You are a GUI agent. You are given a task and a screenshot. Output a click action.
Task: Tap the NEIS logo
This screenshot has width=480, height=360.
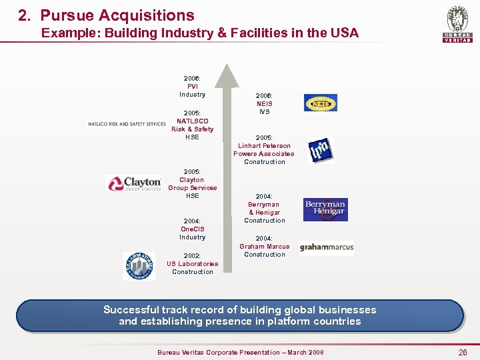[321, 103]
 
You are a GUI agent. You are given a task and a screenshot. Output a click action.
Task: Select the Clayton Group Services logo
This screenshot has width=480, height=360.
[134, 183]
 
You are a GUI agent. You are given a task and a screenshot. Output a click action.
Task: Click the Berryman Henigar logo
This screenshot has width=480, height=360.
[325, 209]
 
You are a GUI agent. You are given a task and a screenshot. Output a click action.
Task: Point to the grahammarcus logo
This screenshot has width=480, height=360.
[327, 247]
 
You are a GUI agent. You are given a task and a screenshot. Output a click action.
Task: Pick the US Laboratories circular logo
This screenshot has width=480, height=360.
[139, 265]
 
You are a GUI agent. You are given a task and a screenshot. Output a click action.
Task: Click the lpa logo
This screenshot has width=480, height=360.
[320, 151]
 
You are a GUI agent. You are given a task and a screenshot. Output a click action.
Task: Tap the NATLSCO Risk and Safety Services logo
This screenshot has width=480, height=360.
[127, 124]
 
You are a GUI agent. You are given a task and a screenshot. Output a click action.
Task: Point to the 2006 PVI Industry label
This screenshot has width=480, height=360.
[192, 86]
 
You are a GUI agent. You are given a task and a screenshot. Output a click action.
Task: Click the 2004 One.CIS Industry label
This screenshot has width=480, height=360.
[192, 229]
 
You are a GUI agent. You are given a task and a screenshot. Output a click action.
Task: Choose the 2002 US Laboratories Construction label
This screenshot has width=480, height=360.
[192, 263]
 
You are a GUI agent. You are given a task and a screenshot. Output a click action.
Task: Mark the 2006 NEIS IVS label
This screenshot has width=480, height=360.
[264, 103]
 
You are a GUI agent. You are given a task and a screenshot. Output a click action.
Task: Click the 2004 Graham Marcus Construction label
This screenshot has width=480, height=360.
[264, 246]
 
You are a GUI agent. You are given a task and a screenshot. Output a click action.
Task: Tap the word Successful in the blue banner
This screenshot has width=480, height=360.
[131, 310]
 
